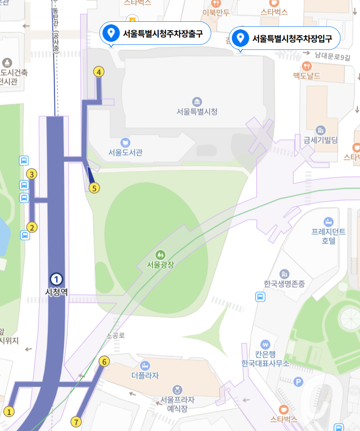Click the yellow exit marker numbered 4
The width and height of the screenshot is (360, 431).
pyautogui.click(x=99, y=72)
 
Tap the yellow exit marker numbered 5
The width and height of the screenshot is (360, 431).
pyautogui.click(x=95, y=188)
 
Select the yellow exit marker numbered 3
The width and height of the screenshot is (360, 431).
pyautogui.click(x=32, y=174)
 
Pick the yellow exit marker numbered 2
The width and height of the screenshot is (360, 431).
pyautogui.click(x=32, y=227)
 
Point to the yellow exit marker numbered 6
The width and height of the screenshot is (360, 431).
pyautogui.click(x=104, y=361)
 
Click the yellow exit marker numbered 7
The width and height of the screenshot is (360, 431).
pyautogui.click(x=76, y=421)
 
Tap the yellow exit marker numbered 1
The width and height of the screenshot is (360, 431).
pyautogui.click(x=9, y=411)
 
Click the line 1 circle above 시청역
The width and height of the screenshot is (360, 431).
pyautogui.click(x=56, y=279)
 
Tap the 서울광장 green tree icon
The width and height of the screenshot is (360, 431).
pyautogui.click(x=160, y=255)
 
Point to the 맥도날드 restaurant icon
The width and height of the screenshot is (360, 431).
pyautogui.click(x=307, y=66)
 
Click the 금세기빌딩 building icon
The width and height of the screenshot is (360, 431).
pyautogui.click(x=321, y=130)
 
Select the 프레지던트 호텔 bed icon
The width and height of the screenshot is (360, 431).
pyautogui.click(x=329, y=221)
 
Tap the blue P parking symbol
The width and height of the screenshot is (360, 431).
pyautogui.click(x=298, y=382)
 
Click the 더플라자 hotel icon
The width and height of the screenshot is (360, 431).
pyautogui.click(x=145, y=365)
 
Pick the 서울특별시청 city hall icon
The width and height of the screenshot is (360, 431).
pyautogui.click(x=197, y=102)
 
